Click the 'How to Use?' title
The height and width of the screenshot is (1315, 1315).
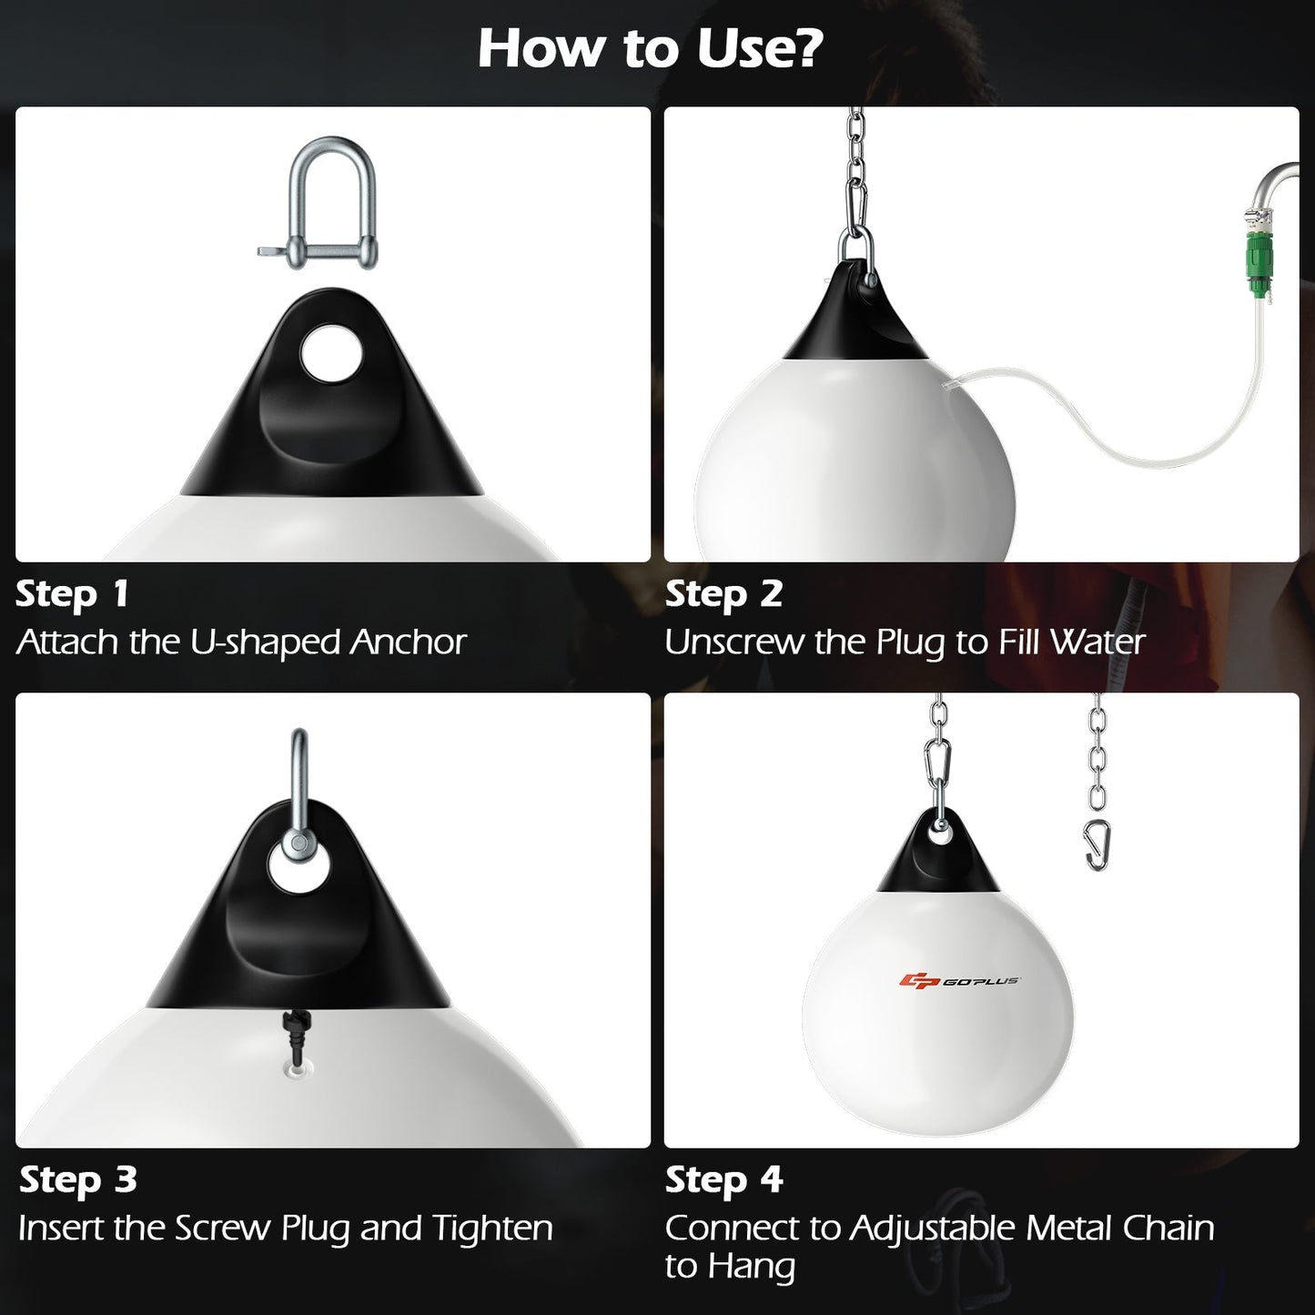click(x=650, y=48)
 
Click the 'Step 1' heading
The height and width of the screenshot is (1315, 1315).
click(x=72, y=594)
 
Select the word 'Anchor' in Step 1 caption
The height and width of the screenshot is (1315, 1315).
click(x=409, y=642)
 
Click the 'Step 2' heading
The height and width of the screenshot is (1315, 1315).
click(x=723, y=594)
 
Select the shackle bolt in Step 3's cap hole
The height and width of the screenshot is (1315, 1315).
click(x=298, y=845)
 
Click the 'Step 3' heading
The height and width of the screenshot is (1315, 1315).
click(x=77, y=1180)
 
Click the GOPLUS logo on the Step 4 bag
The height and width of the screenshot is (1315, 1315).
click(x=959, y=980)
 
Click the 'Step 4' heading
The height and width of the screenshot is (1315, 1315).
click(x=723, y=1180)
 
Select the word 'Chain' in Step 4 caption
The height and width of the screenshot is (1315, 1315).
click(x=1168, y=1229)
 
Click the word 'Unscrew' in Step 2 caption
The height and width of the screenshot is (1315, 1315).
click(x=734, y=642)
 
